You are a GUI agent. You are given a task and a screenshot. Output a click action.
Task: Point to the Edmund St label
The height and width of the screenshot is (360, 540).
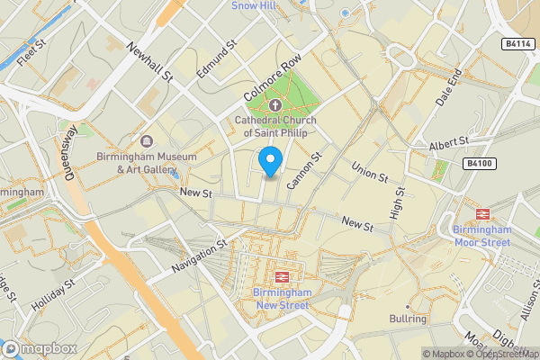(217, 58)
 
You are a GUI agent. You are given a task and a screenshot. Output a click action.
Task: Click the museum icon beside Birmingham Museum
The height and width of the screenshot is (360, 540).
(147, 141)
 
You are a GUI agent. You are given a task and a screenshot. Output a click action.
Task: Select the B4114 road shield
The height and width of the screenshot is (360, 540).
(515, 43)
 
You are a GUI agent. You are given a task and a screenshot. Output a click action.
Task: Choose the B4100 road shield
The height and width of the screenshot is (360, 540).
(481, 163)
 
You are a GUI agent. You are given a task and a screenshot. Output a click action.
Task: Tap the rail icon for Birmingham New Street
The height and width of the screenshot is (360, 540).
(281, 276)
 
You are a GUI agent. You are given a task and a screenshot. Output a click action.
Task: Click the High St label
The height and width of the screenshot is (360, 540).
(399, 202)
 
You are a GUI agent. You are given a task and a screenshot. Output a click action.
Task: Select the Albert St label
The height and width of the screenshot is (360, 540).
(450, 143)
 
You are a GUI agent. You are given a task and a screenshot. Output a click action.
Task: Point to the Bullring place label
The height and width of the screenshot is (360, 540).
(407, 319)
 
